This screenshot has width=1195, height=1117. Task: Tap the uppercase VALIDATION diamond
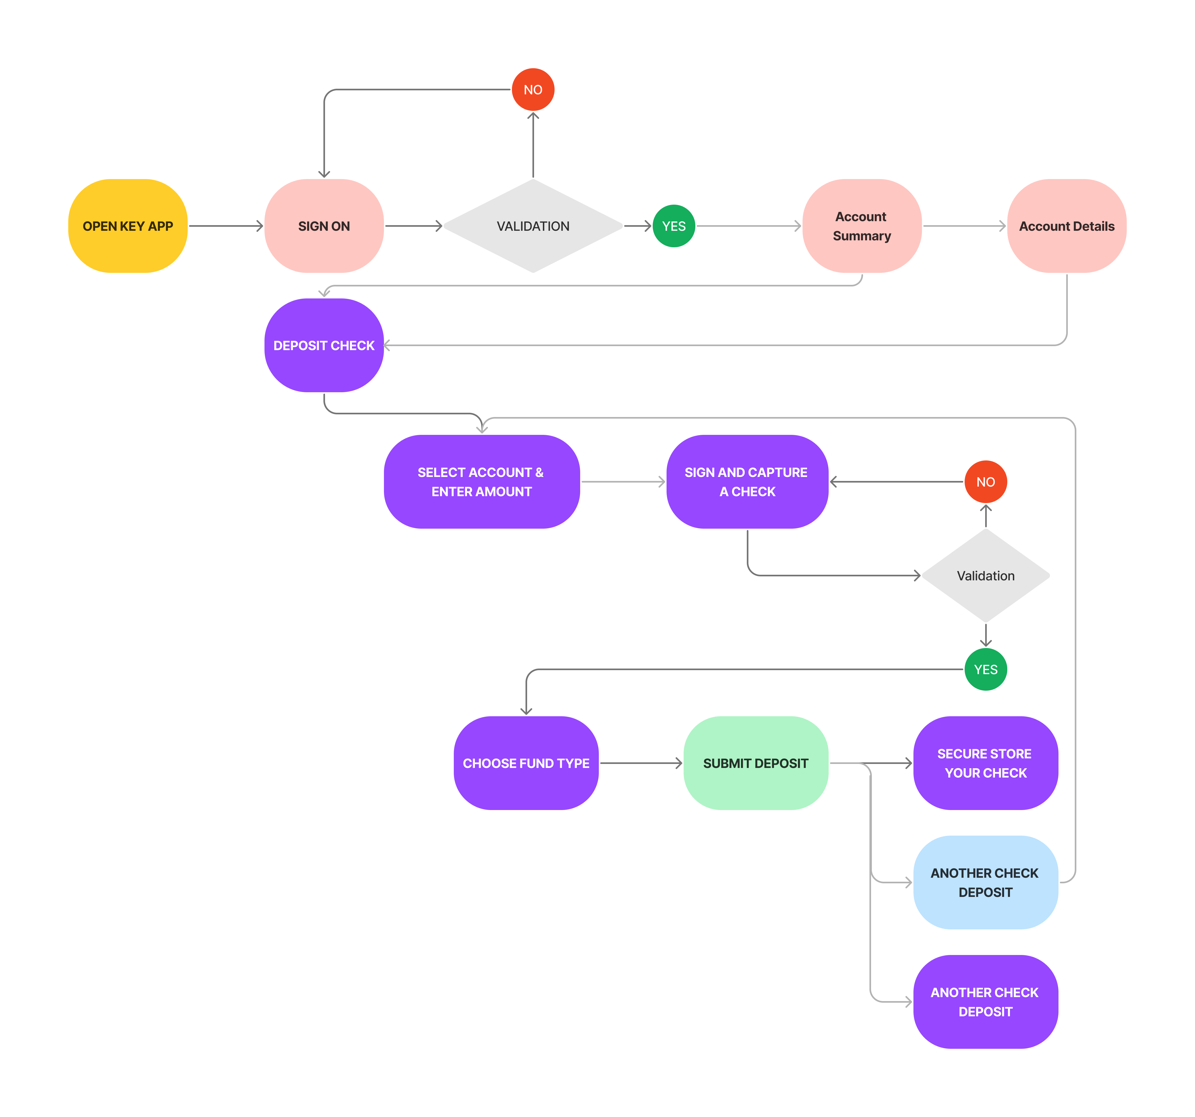pos(533,226)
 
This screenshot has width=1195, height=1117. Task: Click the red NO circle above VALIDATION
pos(533,90)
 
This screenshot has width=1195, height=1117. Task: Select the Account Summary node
pos(861,226)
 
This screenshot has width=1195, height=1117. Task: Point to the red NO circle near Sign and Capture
pos(985,482)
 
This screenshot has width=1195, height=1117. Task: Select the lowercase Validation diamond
pos(985,576)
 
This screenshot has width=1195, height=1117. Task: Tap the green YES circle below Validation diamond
pos(985,669)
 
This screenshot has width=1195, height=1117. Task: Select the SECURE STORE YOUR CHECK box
pos(985,763)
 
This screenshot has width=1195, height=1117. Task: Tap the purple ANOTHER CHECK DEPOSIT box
pos(985,1002)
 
